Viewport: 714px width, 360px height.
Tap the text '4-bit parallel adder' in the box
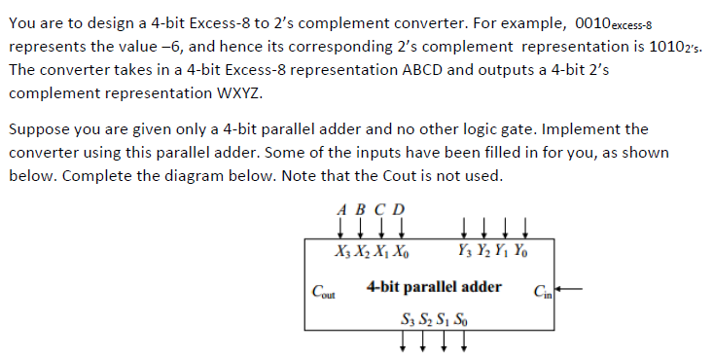pyautogui.click(x=434, y=286)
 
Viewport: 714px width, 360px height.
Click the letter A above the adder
pyautogui.click(x=342, y=208)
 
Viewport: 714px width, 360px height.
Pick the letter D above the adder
pyautogui.click(x=398, y=208)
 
